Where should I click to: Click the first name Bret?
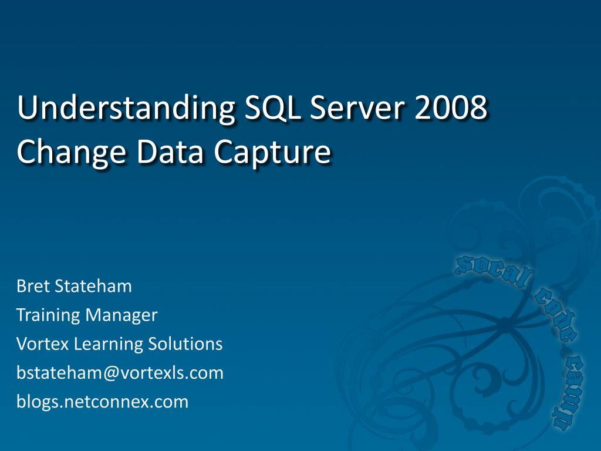[x=33, y=287]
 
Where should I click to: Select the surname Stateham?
[x=93, y=287]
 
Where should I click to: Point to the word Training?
[x=48, y=316]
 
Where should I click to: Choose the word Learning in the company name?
[x=101, y=345]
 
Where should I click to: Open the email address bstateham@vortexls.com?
[x=120, y=373]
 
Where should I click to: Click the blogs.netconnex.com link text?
[x=103, y=402]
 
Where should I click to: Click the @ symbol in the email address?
[x=112, y=373]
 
